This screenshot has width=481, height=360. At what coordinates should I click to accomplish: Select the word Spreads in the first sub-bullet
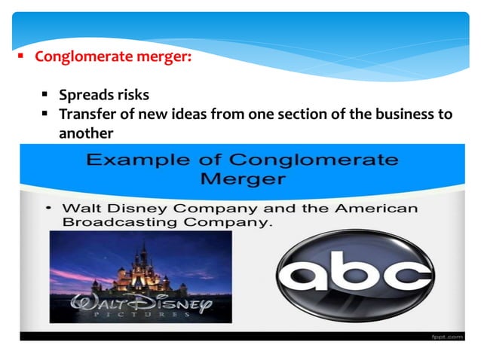[84, 96]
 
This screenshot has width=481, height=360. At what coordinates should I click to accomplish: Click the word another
[85, 133]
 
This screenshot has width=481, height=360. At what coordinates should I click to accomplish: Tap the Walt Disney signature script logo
[140, 304]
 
